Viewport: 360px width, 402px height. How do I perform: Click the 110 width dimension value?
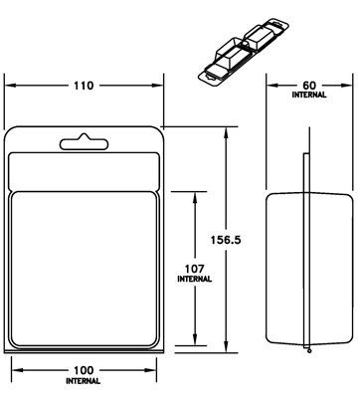84,86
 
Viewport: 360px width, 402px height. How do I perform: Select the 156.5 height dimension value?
226,240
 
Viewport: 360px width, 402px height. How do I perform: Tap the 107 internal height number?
195,269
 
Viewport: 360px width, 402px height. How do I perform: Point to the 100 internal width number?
84,370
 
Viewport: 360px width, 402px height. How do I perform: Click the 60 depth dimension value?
309,86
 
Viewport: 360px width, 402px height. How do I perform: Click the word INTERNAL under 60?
309,95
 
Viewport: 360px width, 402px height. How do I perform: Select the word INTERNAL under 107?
195,279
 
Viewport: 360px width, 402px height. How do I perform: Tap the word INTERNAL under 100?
84,381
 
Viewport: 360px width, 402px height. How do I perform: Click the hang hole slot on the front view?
84,143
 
